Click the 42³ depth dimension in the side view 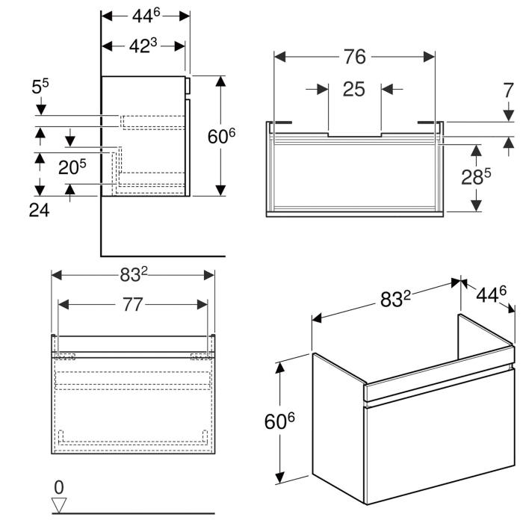(143, 46)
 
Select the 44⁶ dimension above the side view (146, 15)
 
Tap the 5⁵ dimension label (40, 88)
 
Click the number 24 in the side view (40, 211)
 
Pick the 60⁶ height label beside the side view (221, 136)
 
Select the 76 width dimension (354, 57)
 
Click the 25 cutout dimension (354, 90)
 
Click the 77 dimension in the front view (132, 305)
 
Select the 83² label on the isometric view (396, 300)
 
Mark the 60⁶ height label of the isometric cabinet (280, 422)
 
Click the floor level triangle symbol (60, 505)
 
